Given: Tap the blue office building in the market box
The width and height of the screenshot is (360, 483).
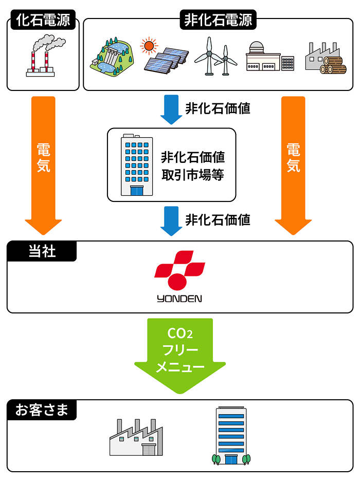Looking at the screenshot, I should point(136,165).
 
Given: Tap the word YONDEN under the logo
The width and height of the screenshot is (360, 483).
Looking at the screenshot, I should point(179,299).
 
